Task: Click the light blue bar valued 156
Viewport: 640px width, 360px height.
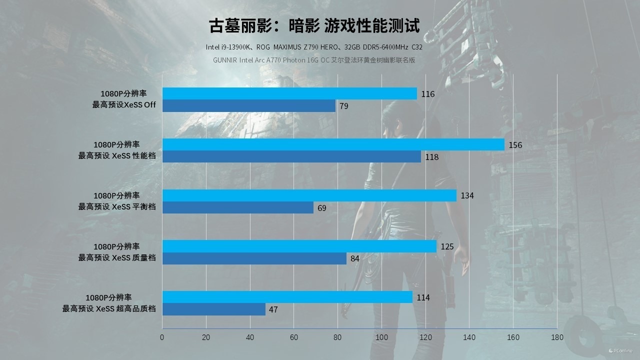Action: [333, 144]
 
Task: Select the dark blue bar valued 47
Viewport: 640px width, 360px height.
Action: [214, 309]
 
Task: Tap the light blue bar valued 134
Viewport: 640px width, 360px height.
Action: [309, 195]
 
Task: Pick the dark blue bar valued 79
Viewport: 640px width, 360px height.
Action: [249, 106]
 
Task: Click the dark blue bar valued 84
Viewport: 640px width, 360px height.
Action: [254, 258]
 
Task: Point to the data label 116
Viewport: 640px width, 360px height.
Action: [428, 94]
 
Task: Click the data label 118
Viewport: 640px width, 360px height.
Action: [432, 157]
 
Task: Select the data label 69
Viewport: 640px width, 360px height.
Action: [322, 208]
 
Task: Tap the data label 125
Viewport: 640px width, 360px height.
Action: [447, 246]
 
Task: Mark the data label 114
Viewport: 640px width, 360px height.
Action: [423, 297]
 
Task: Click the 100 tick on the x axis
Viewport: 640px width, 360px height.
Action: [381, 337]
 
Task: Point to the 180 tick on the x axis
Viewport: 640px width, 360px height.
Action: [557, 337]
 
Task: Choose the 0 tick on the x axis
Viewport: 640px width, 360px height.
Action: [162, 337]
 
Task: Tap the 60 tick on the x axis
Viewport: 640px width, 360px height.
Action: [294, 337]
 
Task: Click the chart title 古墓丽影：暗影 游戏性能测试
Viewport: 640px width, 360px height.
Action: [314, 25]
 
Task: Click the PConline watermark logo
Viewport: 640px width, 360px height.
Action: [620, 351]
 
